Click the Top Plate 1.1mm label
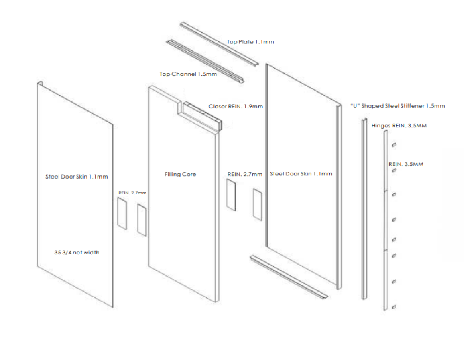pos(250,42)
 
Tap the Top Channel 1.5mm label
pos(188,74)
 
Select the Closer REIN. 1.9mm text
pos(236,106)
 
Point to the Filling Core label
pos(180,175)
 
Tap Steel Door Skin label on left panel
pos(77,176)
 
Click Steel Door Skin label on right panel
pos(301,174)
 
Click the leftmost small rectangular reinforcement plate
pos(122,214)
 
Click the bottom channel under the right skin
pos(289,278)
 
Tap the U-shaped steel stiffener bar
pos(365,206)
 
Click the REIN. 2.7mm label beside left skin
pos(129,193)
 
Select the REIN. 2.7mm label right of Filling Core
pos(245,174)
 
